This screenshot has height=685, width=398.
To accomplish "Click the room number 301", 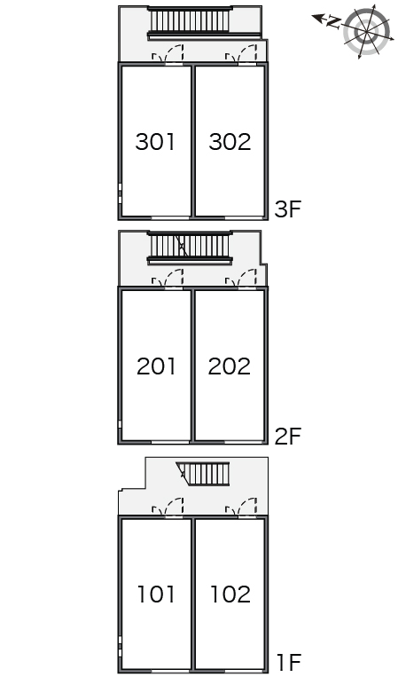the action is pyautogui.click(x=155, y=142).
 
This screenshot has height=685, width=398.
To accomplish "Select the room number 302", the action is pyautogui.click(x=230, y=142).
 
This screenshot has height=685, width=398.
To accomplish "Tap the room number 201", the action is pyautogui.click(x=156, y=366).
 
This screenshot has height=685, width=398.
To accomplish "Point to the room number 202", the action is pyautogui.click(x=229, y=366).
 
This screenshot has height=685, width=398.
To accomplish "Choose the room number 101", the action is pyautogui.click(x=156, y=594).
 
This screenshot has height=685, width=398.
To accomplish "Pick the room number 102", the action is pyautogui.click(x=230, y=594).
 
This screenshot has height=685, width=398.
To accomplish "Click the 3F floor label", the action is pyautogui.click(x=288, y=209).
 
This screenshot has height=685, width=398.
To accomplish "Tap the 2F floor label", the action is pyautogui.click(x=288, y=436).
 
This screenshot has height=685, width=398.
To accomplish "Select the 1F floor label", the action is pyautogui.click(x=289, y=662).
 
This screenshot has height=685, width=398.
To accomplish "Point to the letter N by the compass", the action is pyautogui.click(x=334, y=22).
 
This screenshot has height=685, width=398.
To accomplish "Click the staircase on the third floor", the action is pyautogui.click(x=190, y=21).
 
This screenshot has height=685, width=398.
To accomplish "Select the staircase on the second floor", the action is pyautogui.click(x=190, y=247).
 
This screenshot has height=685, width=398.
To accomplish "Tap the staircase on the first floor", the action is pyautogui.click(x=203, y=474).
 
